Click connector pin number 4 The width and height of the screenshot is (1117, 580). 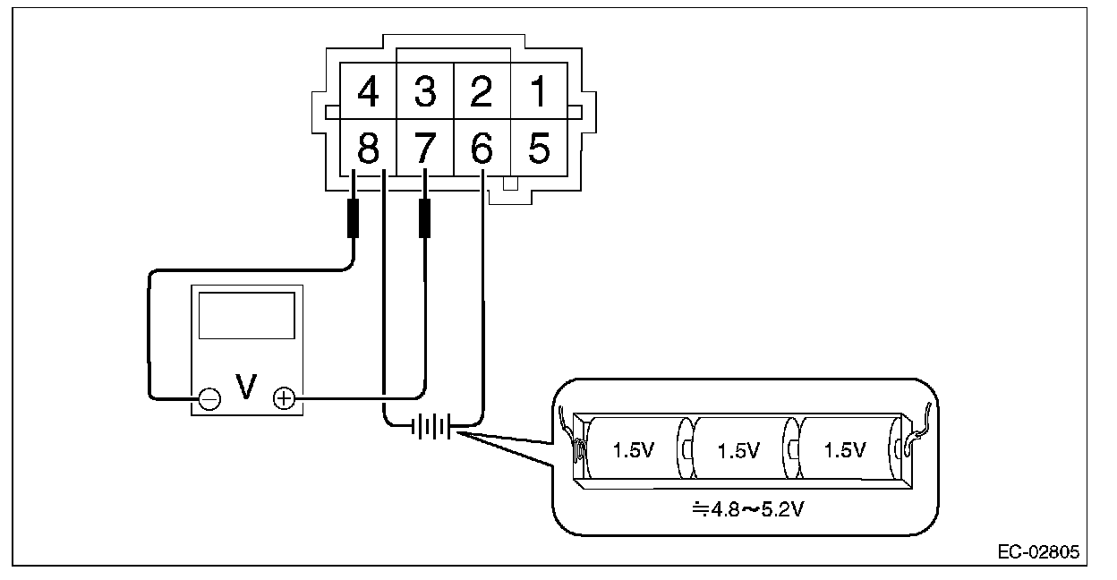[x=369, y=90]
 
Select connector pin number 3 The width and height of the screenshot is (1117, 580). [x=425, y=90]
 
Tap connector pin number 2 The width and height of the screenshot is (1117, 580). [x=482, y=90]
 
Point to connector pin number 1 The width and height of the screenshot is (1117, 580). [x=539, y=90]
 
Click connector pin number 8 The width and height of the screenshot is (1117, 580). [x=369, y=148]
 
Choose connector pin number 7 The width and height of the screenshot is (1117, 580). [x=425, y=148]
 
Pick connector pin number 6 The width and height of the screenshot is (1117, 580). [x=482, y=148]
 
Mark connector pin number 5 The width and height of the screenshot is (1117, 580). [x=539, y=148]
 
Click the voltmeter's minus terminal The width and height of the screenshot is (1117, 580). [x=209, y=399]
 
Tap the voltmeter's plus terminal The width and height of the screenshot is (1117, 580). [x=285, y=399]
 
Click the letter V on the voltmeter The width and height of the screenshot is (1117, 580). [x=246, y=387]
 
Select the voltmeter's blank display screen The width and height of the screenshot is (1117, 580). [x=247, y=316]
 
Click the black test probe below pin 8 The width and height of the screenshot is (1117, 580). [x=353, y=218]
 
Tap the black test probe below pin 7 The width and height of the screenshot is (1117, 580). [x=425, y=218]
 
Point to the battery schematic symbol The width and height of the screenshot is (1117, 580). [x=431, y=426]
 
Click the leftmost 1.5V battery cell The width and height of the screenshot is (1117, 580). [x=636, y=448]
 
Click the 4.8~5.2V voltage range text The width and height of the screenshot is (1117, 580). [x=748, y=509]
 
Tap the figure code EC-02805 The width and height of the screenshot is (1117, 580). [x=1039, y=552]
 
